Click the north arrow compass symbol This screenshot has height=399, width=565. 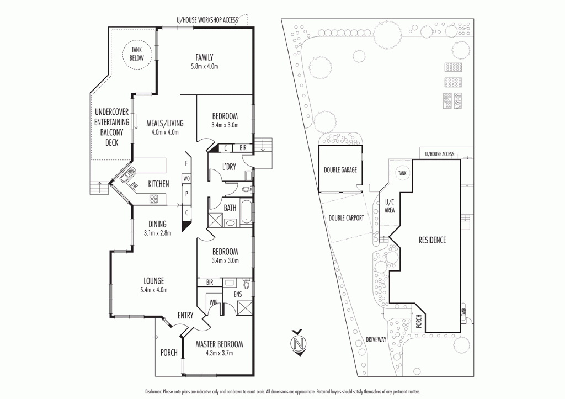[x=299, y=342]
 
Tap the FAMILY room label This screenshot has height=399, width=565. [x=204, y=57]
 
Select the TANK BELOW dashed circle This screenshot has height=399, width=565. [x=136, y=54]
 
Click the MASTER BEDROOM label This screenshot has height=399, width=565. [x=219, y=344]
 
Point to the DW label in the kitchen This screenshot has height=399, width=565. [x=134, y=186]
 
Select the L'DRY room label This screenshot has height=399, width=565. [x=229, y=167]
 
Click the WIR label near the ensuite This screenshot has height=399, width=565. [x=212, y=302]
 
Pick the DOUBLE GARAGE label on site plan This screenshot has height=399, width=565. [x=340, y=170]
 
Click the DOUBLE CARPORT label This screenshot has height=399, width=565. [x=346, y=218]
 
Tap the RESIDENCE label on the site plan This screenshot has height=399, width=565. [x=432, y=240]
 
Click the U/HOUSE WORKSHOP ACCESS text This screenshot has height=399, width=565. [x=207, y=20]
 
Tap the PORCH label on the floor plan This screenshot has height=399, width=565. [x=169, y=353]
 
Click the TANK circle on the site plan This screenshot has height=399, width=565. [x=402, y=173]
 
